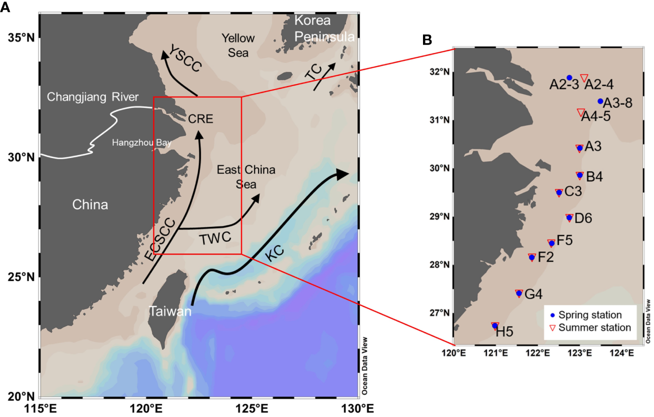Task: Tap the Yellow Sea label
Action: point(238,45)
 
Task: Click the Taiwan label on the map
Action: point(170,312)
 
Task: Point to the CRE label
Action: point(200,119)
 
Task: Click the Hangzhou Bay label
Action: point(142,143)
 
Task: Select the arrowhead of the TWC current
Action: point(256,197)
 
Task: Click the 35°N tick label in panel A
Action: point(20,38)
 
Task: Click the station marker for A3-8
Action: point(600,101)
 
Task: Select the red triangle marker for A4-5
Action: point(580,112)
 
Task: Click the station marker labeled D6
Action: point(569,217)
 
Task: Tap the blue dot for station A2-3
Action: point(569,77)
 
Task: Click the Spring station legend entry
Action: point(585,315)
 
